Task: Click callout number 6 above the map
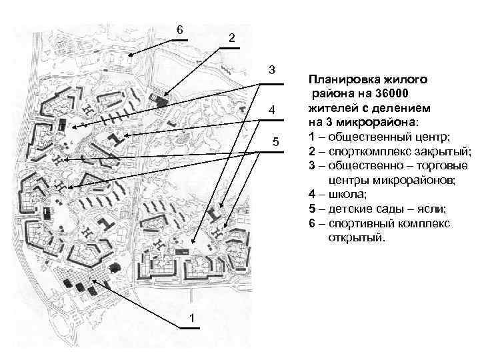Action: coord(179,30)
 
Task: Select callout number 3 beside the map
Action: coord(271,70)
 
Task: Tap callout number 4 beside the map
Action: coord(271,110)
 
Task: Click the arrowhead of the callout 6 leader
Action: coord(130,56)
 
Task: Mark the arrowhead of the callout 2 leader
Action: coord(165,95)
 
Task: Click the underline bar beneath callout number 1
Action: coord(187,328)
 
